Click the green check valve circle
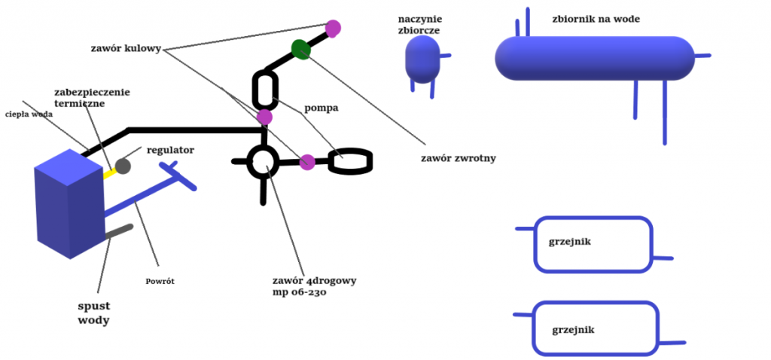[x=301, y=50]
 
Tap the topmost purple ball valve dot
[x=333, y=29]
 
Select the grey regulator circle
[x=122, y=166]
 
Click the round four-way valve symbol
[x=264, y=160]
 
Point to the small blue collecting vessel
[x=422, y=59]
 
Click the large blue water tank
[x=594, y=57]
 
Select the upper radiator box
[x=593, y=244]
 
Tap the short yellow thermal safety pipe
[x=109, y=172]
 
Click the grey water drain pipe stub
[x=118, y=233]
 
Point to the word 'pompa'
[x=322, y=108]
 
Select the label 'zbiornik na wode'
[x=596, y=19]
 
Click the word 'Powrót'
[x=160, y=282]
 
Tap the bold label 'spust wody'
[x=94, y=313]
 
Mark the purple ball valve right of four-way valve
[x=307, y=161]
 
